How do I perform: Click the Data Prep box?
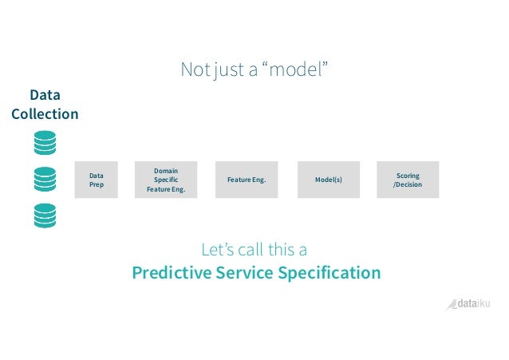pyautogui.click(x=96, y=180)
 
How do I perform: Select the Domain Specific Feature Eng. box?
pyautogui.click(x=166, y=180)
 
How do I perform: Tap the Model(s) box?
pyautogui.click(x=328, y=180)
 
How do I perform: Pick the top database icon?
pyautogui.click(x=45, y=142)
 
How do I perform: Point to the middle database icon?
pyautogui.click(x=45, y=179)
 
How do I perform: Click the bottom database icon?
pyautogui.click(x=45, y=216)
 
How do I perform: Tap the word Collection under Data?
pyautogui.click(x=45, y=114)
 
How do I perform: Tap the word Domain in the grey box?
pyautogui.click(x=166, y=169)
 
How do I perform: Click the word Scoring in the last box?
pyautogui.click(x=407, y=176)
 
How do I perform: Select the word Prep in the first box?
pyautogui.click(x=96, y=185)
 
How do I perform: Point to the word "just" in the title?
pyautogui.click(x=227, y=70)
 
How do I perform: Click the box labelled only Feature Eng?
pyautogui.click(x=247, y=180)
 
